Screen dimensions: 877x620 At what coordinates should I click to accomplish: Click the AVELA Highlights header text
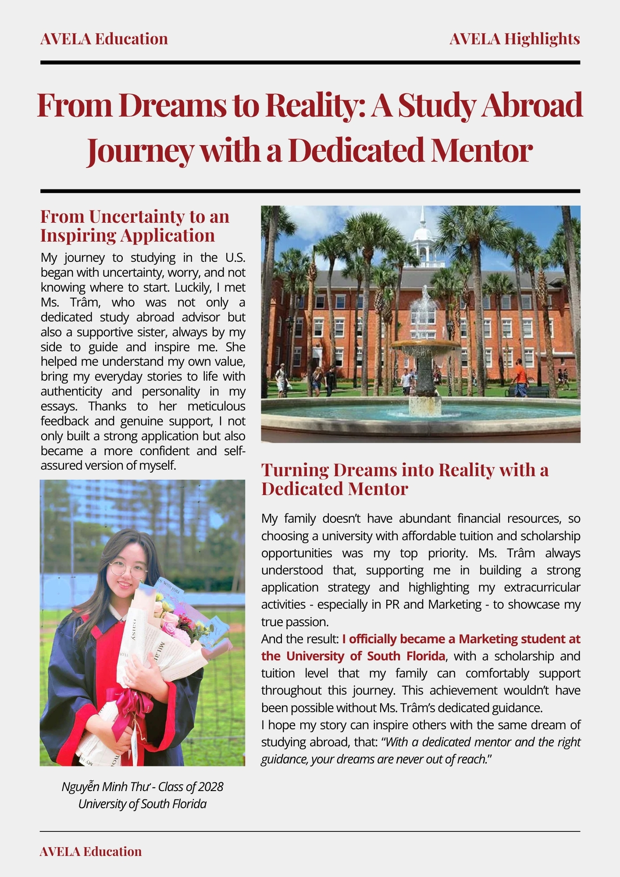[514, 39]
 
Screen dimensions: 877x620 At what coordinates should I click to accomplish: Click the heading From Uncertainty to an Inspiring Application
[135, 226]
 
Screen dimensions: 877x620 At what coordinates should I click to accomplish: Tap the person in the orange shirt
[520, 378]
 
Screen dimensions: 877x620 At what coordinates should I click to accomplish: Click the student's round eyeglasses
[128, 570]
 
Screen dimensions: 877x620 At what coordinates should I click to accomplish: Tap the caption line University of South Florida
[142, 804]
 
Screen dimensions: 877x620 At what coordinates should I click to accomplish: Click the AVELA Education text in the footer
[91, 851]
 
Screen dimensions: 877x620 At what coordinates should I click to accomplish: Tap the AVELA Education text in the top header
[104, 39]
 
